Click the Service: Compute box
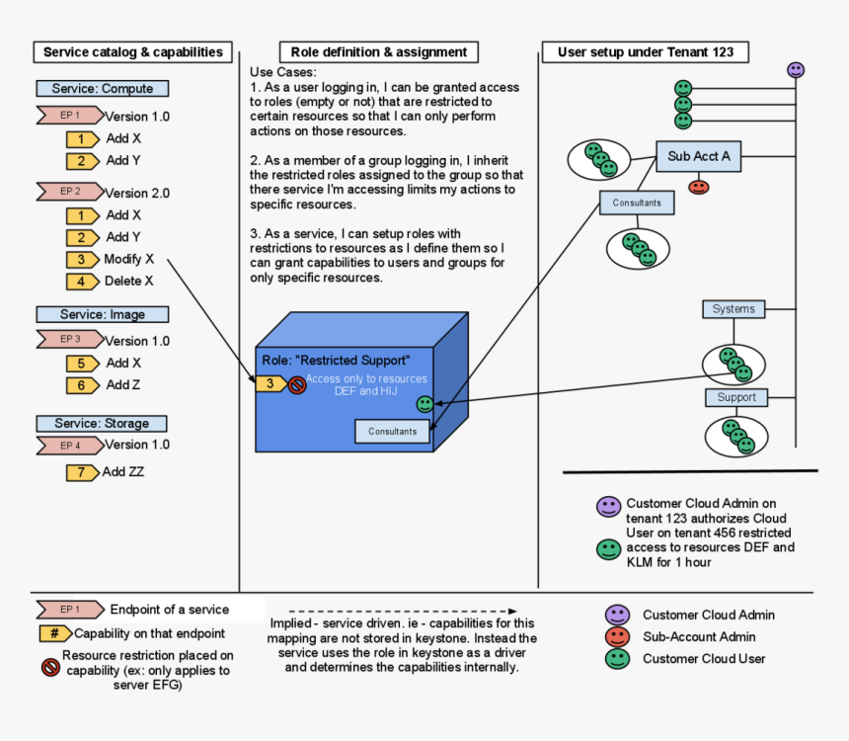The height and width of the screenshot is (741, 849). [103, 89]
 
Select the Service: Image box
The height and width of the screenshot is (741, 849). [103, 314]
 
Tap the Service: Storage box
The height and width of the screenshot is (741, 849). [103, 423]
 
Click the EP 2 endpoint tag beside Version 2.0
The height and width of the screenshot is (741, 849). [69, 192]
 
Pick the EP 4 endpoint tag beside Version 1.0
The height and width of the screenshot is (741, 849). [69, 446]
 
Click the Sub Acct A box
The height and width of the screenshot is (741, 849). [699, 156]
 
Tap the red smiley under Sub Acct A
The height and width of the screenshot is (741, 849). [699, 186]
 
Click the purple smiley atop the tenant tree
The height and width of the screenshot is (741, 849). [796, 70]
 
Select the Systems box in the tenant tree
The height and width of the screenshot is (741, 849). [733, 309]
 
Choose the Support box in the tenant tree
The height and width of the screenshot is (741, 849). [736, 397]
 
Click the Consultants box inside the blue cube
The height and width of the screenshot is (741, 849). [392, 431]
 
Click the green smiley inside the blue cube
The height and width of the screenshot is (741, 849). [424, 403]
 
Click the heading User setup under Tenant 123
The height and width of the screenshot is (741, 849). [646, 52]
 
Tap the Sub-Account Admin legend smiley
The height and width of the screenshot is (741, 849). [618, 637]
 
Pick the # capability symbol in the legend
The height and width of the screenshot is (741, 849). [55, 633]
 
